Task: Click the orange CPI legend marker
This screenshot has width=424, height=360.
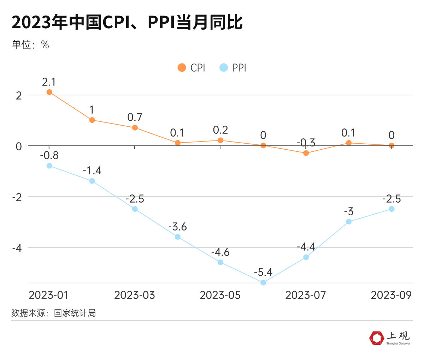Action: pyautogui.click(x=182, y=68)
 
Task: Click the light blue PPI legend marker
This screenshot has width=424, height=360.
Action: pyautogui.click(x=224, y=68)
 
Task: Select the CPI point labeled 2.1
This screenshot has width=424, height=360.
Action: pyautogui.click(x=49, y=92)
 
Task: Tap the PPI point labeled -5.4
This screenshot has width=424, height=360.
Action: pyautogui.click(x=263, y=283)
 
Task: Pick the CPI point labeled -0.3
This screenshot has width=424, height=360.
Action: pyautogui.click(x=306, y=153)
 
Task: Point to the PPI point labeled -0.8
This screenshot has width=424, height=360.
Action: pyautogui.click(x=49, y=166)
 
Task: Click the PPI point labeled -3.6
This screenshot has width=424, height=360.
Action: pyautogui.click(x=178, y=237)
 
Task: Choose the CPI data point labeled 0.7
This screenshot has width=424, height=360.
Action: pyautogui.click(x=135, y=128)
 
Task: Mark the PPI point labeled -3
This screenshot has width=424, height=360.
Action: pyautogui.click(x=349, y=222)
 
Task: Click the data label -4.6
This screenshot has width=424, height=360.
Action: pyautogui.click(x=220, y=252)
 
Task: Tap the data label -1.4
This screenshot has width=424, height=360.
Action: pyautogui.click(x=92, y=171)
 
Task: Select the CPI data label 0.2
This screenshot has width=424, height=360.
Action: pyautogui.click(x=220, y=130)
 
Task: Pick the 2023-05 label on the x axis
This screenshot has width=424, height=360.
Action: pyautogui.click(x=220, y=295)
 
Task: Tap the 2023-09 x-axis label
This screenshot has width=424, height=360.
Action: pyautogui.click(x=391, y=295)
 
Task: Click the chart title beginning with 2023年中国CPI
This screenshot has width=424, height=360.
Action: pyautogui.click(x=127, y=22)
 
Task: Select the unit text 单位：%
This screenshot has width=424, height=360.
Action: pyautogui.click(x=30, y=44)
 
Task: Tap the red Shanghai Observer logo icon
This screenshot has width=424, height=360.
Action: pyautogui.click(x=377, y=338)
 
